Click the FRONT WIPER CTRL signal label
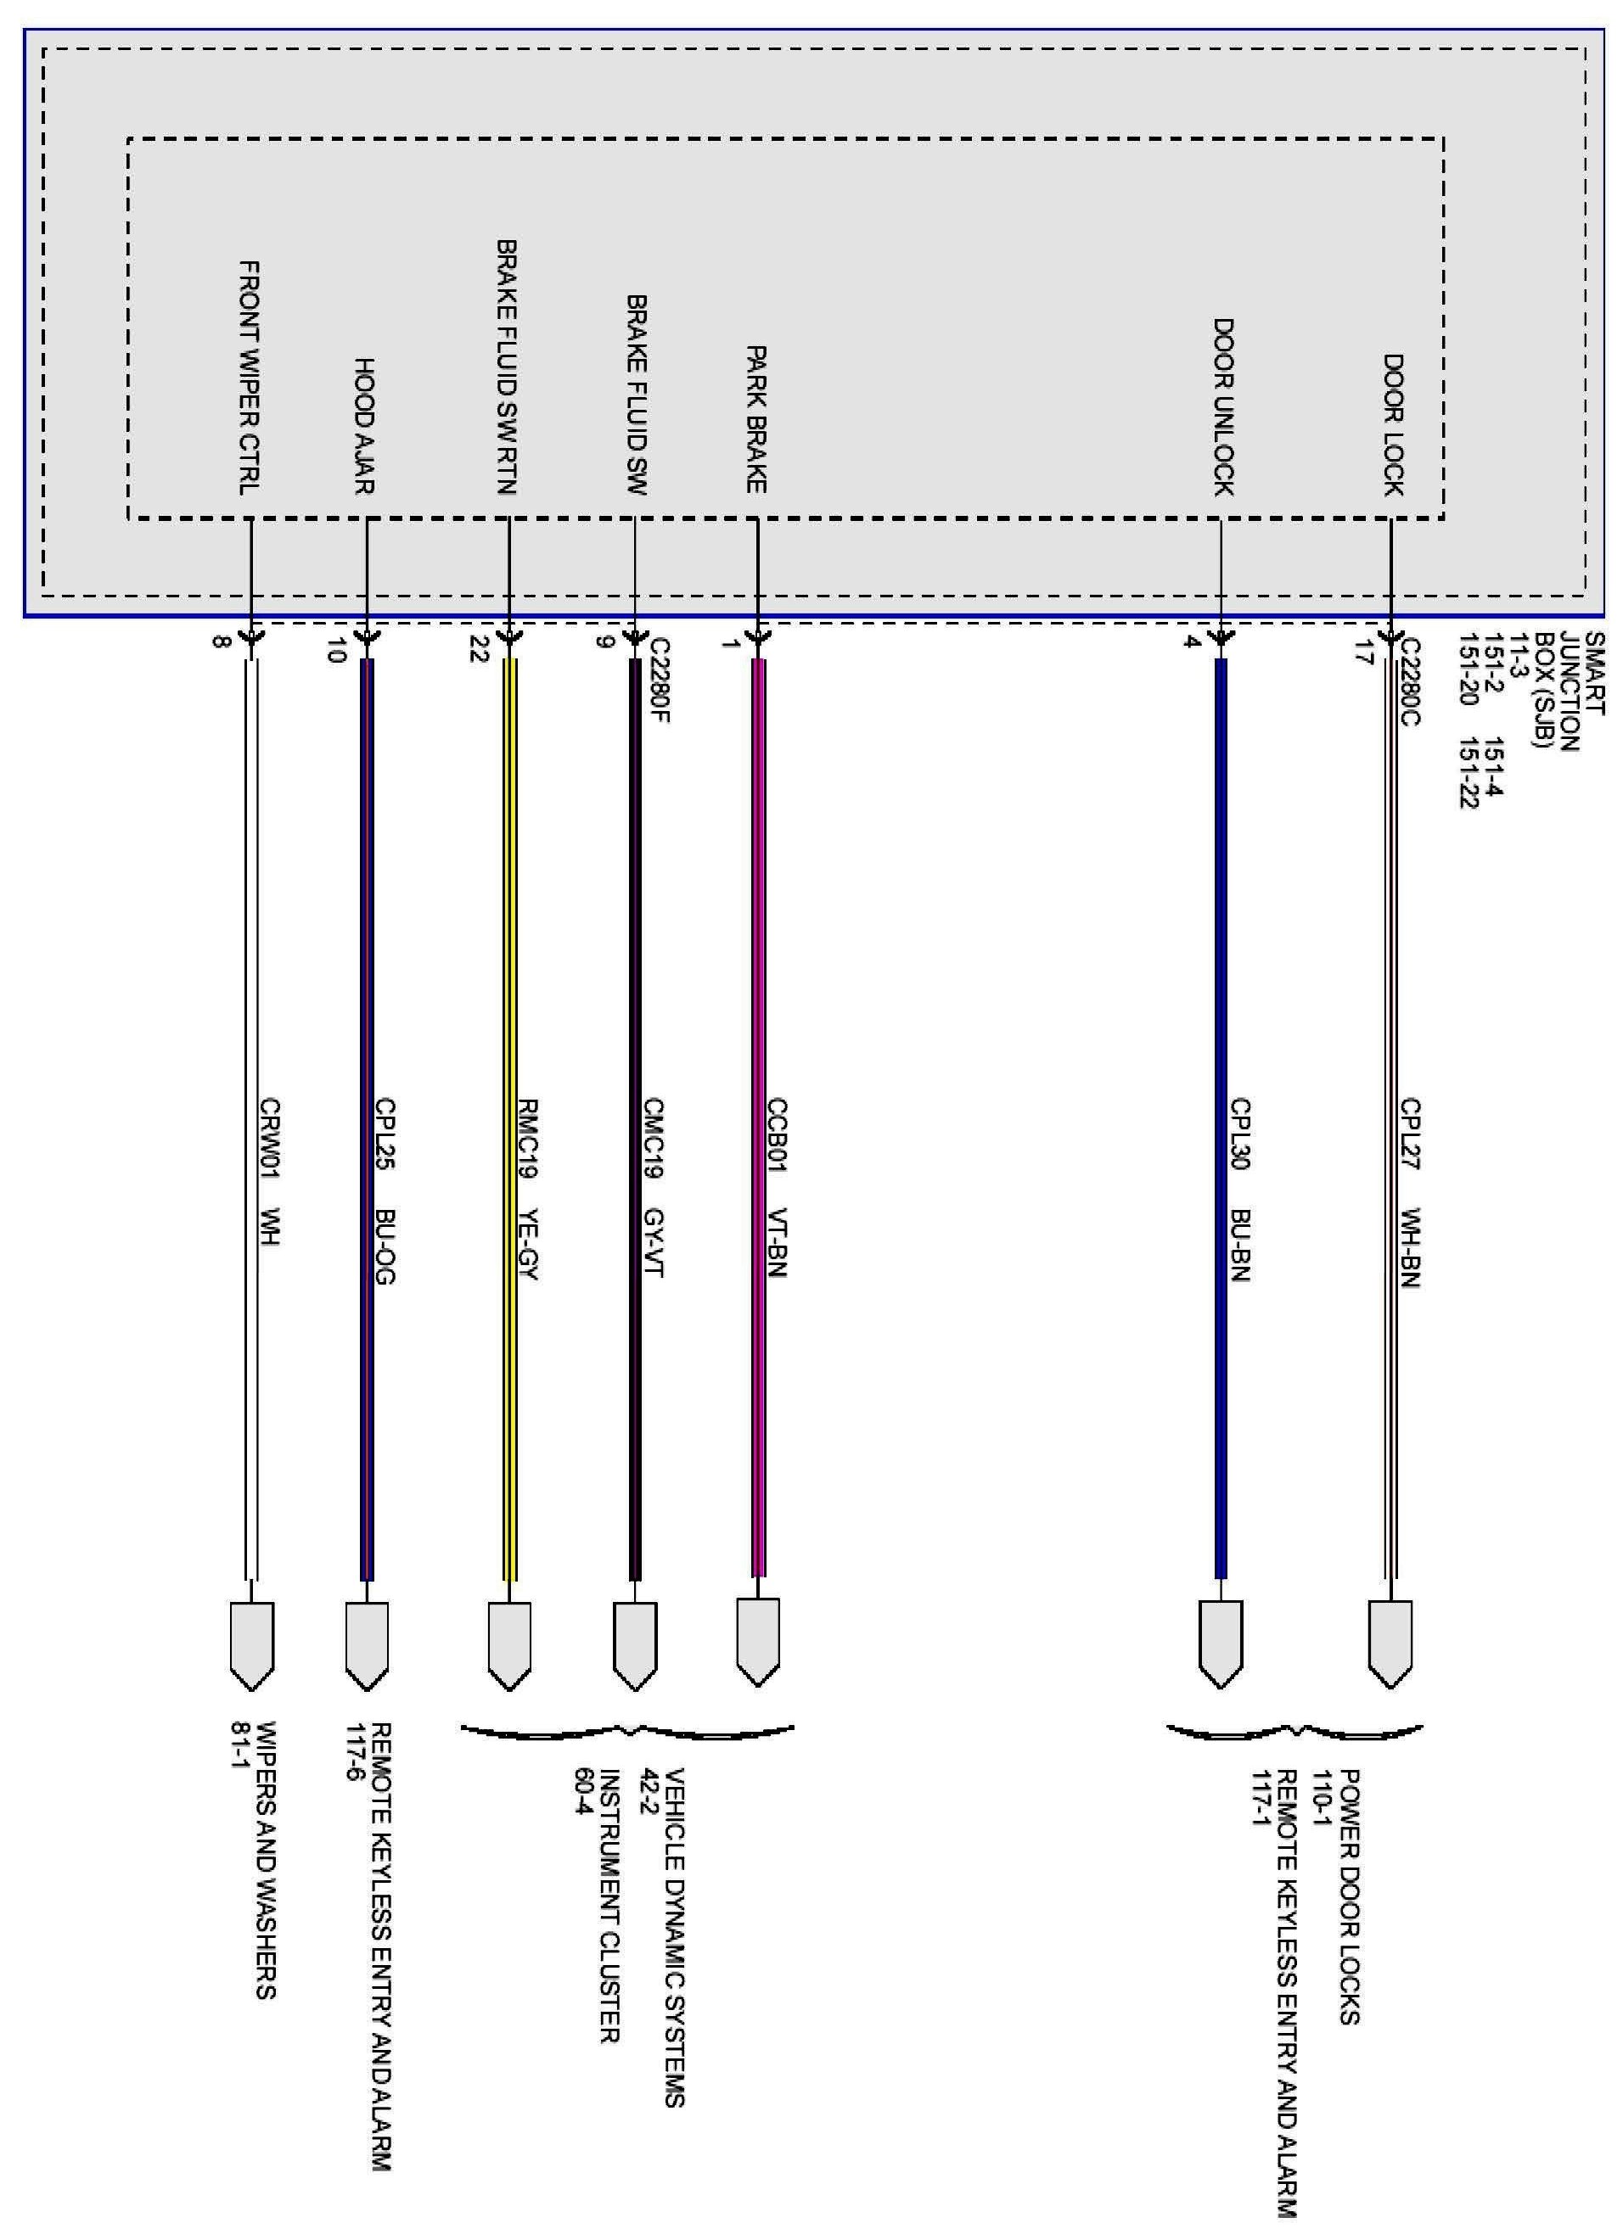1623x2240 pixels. tap(251, 378)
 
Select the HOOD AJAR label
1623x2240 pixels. tap(364, 426)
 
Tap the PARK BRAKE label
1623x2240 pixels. tap(756, 419)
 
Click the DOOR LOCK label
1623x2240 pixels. tap(1393, 425)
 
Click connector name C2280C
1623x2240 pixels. tap(1411, 681)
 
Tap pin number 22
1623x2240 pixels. tap(479, 648)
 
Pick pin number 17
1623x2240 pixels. tap(1363, 652)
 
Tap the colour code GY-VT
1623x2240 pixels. tap(653, 1242)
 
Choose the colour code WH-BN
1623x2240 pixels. tap(1411, 1247)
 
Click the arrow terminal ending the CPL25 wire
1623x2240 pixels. tap(367, 1644)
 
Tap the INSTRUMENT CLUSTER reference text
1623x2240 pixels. tap(609, 1907)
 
